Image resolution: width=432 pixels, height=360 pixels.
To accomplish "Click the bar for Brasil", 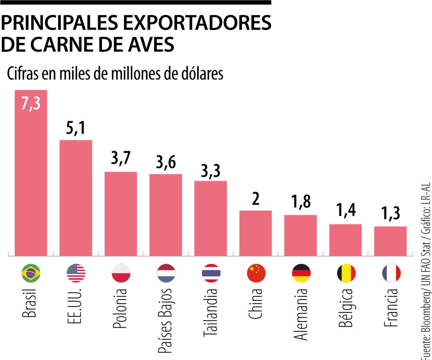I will [31, 176].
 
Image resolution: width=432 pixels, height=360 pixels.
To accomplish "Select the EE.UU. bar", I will [76, 198].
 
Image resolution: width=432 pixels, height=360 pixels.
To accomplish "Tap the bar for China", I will [256, 233].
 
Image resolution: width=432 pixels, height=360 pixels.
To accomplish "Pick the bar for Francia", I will [390, 241].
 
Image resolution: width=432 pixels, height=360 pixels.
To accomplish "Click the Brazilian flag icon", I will [31, 274].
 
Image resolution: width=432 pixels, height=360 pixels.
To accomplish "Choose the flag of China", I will [256, 274].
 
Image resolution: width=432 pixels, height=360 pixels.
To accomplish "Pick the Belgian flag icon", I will [346, 274].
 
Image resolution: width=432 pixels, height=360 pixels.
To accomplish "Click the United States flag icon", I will [76, 274].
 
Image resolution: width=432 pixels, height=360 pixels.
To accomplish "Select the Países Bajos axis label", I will [166, 320].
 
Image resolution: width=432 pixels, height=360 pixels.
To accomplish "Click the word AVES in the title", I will [150, 44].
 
